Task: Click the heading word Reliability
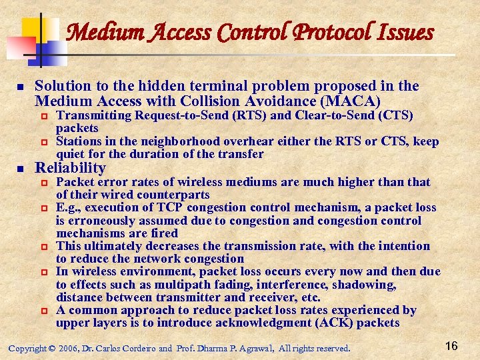(70, 167)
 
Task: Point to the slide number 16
(451, 345)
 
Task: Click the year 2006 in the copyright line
(68, 348)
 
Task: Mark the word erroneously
(109, 220)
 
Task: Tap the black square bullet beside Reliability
(20, 168)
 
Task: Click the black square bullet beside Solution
(20, 87)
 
